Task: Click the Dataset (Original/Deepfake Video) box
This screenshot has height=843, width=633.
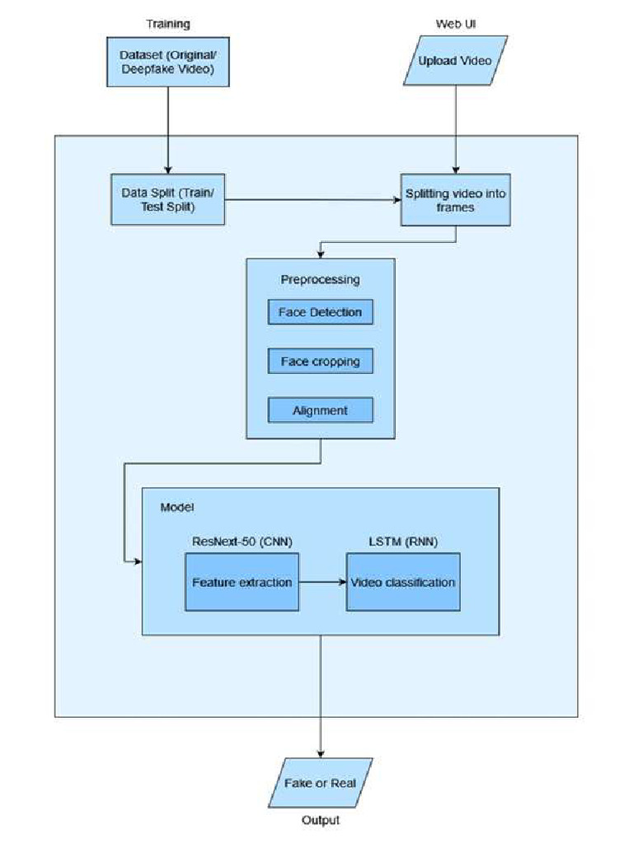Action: [x=167, y=62]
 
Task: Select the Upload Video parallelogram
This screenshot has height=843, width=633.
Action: [x=456, y=61]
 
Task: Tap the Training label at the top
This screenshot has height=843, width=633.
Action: [x=167, y=24]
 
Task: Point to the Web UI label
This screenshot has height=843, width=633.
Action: [x=456, y=24]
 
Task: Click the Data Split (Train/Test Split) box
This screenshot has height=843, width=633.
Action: [x=168, y=199]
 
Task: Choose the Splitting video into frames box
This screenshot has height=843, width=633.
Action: [x=456, y=200]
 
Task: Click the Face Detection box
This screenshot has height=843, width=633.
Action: [x=320, y=313]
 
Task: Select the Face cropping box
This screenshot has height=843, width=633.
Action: [x=320, y=361]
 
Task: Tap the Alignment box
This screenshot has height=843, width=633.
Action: [x=320, y=410]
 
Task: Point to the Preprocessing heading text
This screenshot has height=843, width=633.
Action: [x=320, y=279]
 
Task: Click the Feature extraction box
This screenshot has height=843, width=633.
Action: [x=241, y=582]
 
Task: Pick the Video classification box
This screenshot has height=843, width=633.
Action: [x=402, y=582]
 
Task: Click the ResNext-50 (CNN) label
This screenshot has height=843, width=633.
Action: [x=241, y=541]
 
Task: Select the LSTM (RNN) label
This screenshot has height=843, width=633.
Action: [x=402, y=541]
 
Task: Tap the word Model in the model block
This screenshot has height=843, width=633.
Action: [x=176, y=506]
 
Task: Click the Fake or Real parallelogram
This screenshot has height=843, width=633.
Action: [x=320, y=782]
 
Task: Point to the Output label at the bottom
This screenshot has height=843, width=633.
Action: [x=320, y=820]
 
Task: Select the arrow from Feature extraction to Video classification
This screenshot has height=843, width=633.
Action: [x=322, y=582]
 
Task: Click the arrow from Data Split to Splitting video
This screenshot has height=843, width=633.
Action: [x=313, y=199]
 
